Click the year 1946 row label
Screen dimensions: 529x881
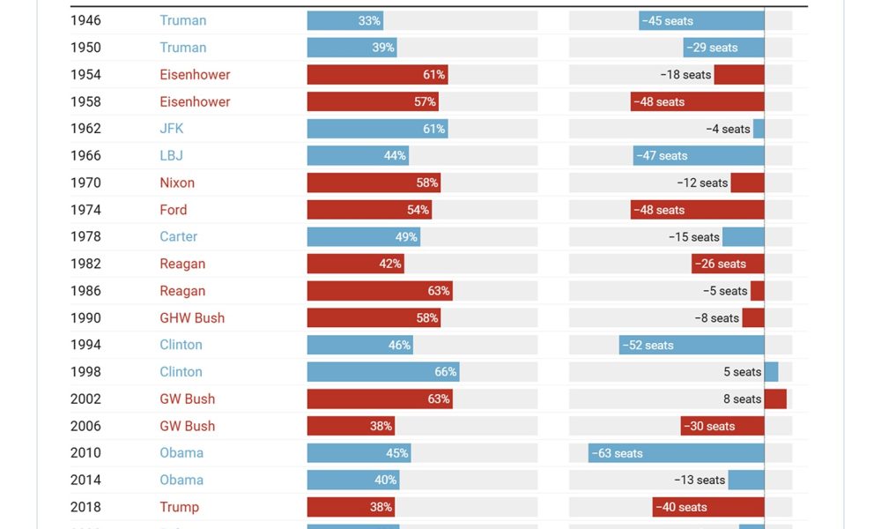click(85, 20)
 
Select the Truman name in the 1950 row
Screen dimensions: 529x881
click(183, 48)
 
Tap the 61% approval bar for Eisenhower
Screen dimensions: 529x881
click(377, 75)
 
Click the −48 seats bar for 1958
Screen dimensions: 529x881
click(697, 101)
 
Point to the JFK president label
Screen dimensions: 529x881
click(172, 129)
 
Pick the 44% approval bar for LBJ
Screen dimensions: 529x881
click(358, 156)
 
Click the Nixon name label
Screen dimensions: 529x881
click(177, 183)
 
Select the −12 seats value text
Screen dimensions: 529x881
click(702, 183)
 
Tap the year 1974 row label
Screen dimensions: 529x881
click(85, 210)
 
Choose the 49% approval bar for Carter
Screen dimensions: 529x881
click(363, 237)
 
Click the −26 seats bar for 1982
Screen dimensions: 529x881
click(728, 264)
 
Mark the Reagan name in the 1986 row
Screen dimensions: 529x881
click(182, 291)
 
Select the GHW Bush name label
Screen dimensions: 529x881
click(192, 318)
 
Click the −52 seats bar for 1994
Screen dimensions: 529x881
click(692, 346)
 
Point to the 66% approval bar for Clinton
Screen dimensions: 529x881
click(383, 372)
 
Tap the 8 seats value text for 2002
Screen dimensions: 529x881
click(742, 399)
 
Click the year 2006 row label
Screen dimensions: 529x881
click(85, 426)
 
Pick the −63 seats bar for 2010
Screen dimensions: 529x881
click(676, 453)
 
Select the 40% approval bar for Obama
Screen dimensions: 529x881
click(353, 481)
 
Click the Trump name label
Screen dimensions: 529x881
click(179, 507)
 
